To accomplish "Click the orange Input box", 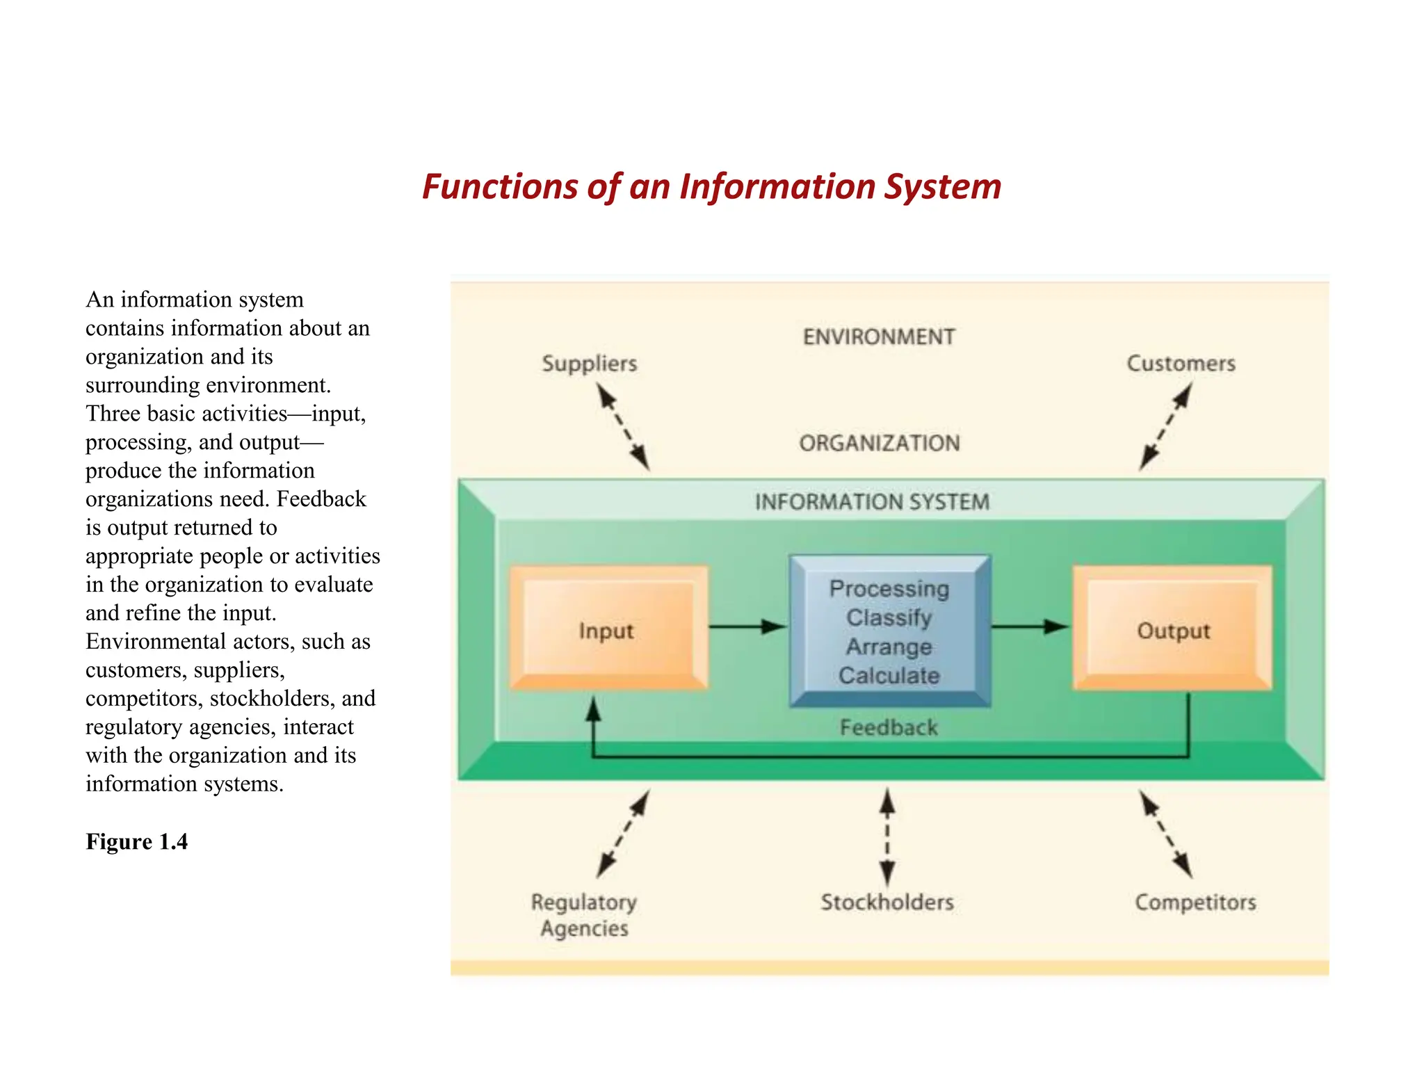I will pos(608,628).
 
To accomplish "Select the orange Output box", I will pos(1173,628).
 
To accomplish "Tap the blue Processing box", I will pos(890,631).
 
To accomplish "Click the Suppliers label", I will pos(589,364).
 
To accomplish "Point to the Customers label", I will pos(1181,364).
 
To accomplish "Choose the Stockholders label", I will pos(887,902).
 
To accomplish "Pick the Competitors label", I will pos(1195,902).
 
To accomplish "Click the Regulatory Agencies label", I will pos(584,915).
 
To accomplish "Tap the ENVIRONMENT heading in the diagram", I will pos(879,337).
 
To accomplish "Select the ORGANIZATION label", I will pos(880,443).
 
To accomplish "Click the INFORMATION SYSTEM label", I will pos(872,501).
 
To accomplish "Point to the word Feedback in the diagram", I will pos(889,727).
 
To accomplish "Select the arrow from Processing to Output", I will pos(1030,626).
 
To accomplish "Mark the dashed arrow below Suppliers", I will pos(624,428).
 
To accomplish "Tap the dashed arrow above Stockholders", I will pos(887,836).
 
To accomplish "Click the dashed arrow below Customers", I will pos(1166,427).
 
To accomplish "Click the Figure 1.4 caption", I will pos(137,841).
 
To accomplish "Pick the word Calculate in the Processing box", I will pos(889,675).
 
